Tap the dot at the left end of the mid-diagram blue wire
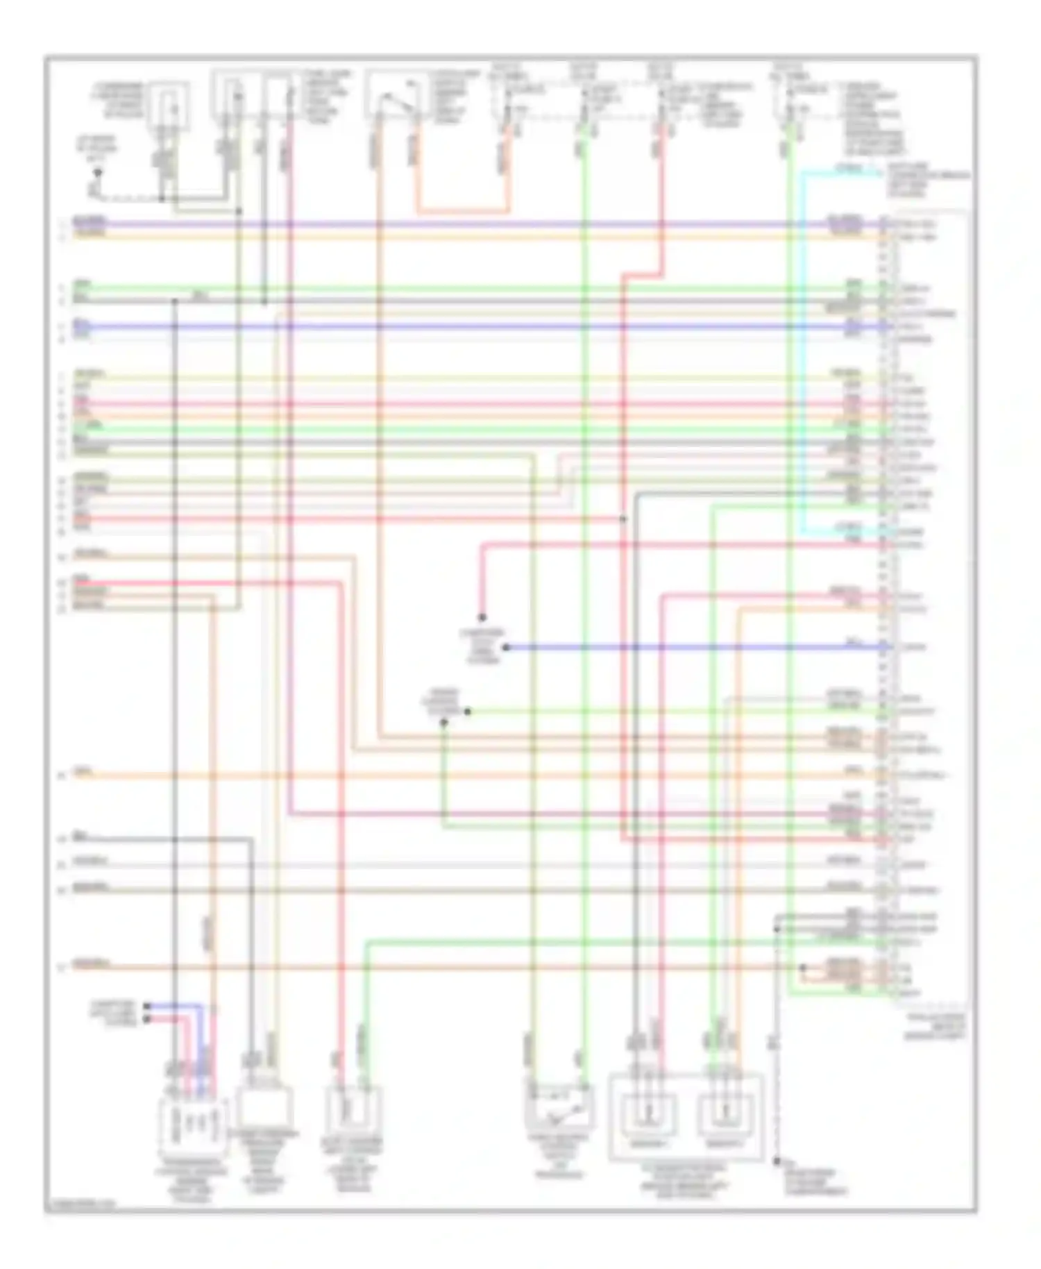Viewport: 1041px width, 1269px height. coord(506,647)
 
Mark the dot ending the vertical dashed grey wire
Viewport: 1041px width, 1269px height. coord(777,1161)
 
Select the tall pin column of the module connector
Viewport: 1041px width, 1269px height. coord(884,604)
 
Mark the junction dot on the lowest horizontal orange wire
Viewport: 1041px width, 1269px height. coord(803,967)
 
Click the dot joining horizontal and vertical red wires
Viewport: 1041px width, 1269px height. coord(623,519)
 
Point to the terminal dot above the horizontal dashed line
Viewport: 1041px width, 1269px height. coord(98,171)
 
